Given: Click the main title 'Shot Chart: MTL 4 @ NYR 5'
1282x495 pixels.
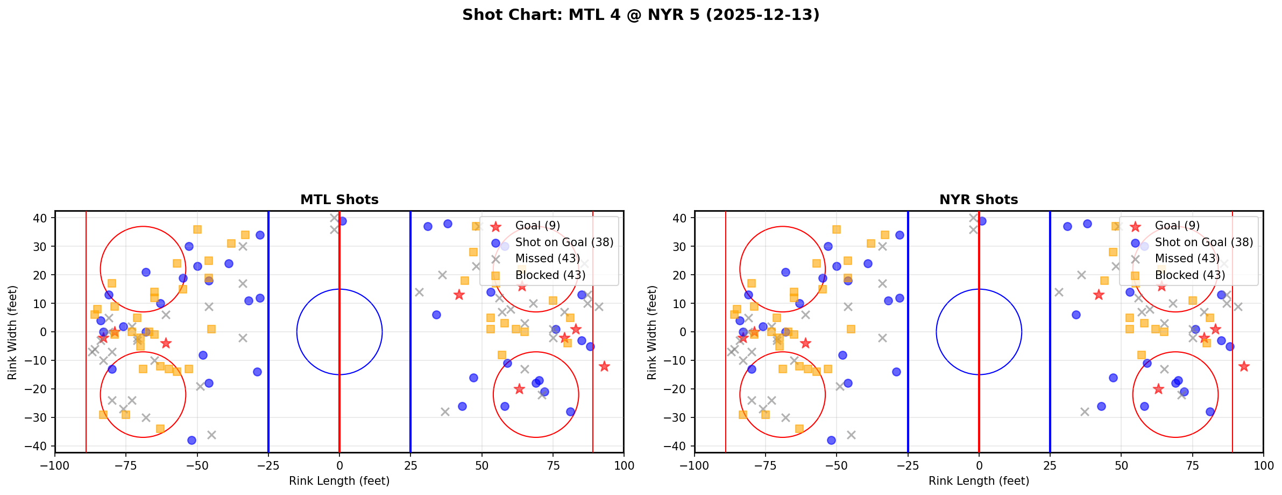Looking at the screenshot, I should point(641,15).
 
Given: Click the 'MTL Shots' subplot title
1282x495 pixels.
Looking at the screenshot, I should point(339,200).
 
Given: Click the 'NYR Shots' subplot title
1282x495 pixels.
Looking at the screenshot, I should point(979,200).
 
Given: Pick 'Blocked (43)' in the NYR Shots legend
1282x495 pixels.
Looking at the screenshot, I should point(1190,275).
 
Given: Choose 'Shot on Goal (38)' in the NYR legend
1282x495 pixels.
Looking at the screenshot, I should point(1203,242).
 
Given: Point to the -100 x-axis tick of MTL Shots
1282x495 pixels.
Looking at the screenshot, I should point(55,465).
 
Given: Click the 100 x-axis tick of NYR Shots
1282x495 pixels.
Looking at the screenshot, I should point(1263,465).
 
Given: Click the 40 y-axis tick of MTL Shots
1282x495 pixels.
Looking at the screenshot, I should point(41,218).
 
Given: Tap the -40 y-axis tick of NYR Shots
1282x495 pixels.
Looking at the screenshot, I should point(678,446).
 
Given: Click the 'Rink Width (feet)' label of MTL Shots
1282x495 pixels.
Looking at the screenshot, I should point(12,332).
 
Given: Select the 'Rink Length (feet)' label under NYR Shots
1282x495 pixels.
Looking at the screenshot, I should point(979,481).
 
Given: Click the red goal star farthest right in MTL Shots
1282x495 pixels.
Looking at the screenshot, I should point(604,366).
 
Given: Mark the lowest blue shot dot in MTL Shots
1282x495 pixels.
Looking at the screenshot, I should point(192,440).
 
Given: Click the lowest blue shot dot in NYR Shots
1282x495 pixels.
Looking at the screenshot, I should point(831,440).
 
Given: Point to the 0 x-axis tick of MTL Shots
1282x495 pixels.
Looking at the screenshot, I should point(339,465).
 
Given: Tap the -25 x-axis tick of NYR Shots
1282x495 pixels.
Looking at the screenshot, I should point(908,465).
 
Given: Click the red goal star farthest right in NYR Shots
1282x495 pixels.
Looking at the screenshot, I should point(1244,366).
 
